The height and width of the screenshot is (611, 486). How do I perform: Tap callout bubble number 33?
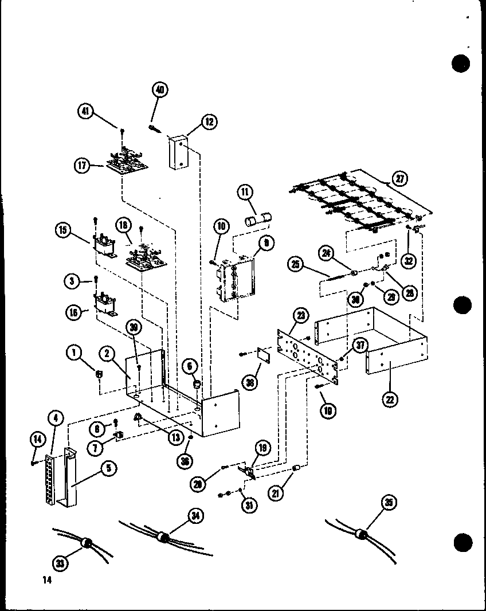tap(61, 563)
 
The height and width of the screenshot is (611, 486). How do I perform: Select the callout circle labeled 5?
tap(107, 469)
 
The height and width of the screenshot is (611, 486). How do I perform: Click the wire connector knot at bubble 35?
tap(362, 534)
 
